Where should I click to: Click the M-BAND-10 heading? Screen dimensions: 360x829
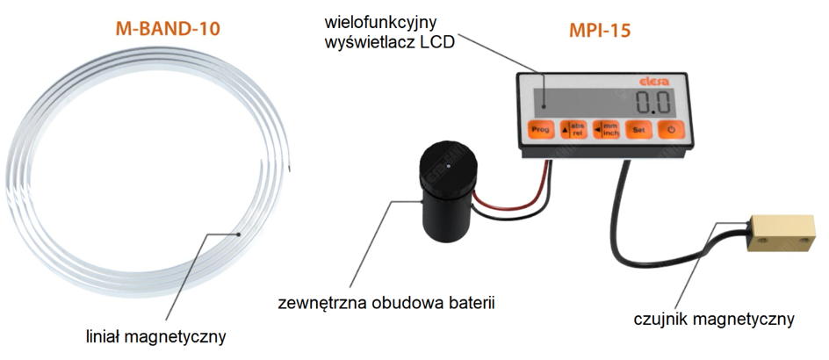click(168, 29)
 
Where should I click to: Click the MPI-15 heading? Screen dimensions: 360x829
click(600, 32)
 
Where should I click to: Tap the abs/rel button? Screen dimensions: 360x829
click(572, 129)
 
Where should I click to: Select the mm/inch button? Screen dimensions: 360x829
click(606, 129)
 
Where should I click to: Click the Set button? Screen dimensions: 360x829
click(639, 130)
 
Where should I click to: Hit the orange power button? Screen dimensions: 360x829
click(670, 130)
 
